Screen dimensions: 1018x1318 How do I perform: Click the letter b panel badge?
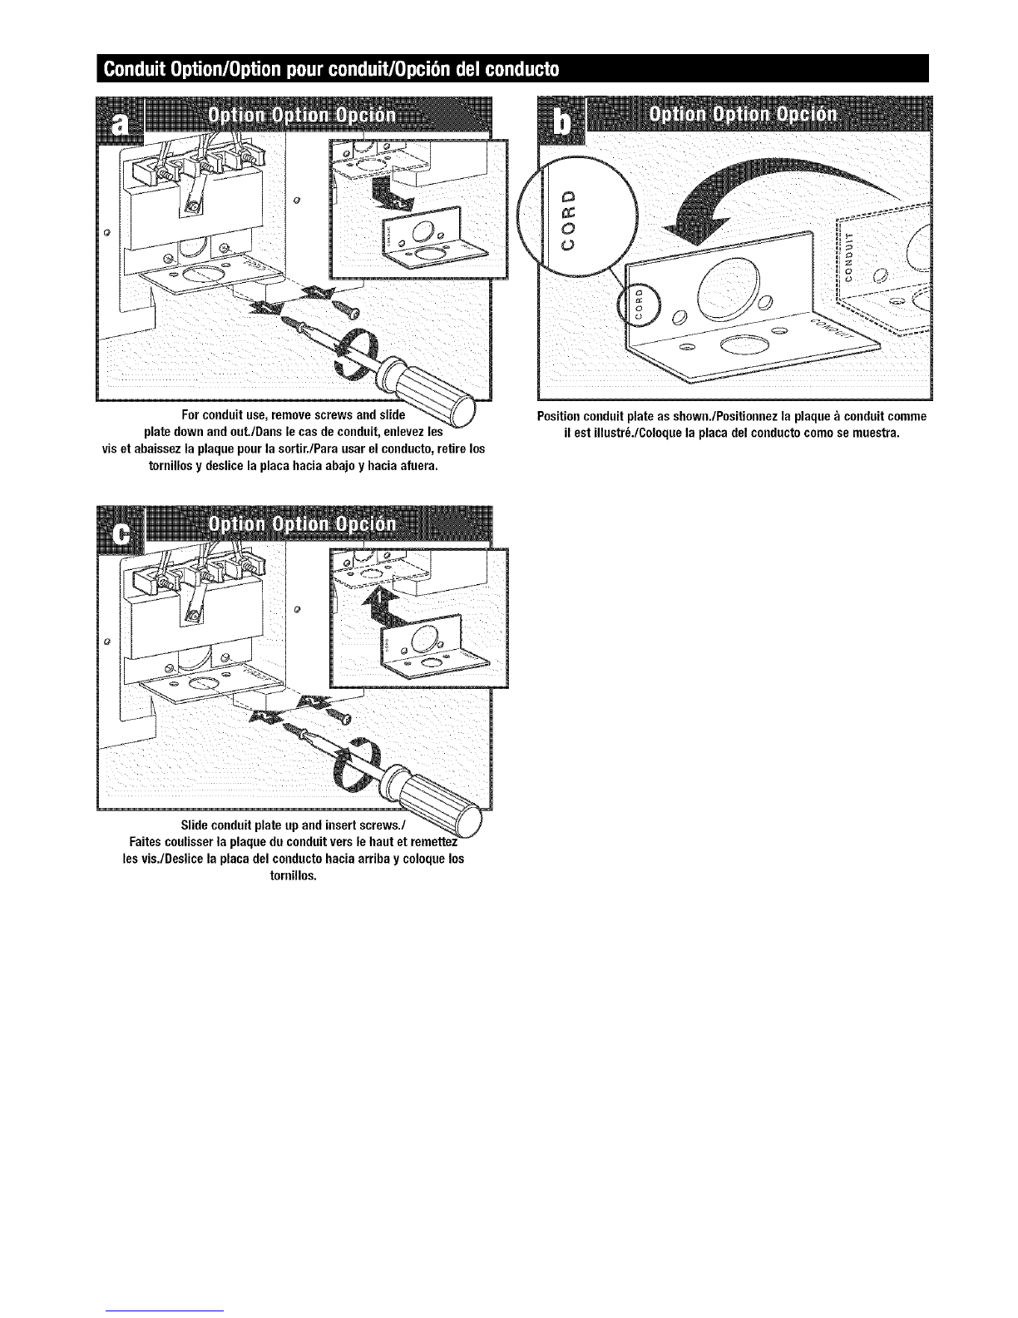click(x=562, y=121)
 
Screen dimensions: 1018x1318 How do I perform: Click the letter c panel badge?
click(x=121, y=531)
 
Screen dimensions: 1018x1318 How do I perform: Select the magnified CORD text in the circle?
click(x=568, y=220)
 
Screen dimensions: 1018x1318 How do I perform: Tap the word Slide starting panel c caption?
click(x=193, y=825)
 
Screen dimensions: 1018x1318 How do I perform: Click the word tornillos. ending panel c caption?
click(x=294, y=876)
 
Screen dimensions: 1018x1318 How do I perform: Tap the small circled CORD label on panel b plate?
click(x=637, y=303)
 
